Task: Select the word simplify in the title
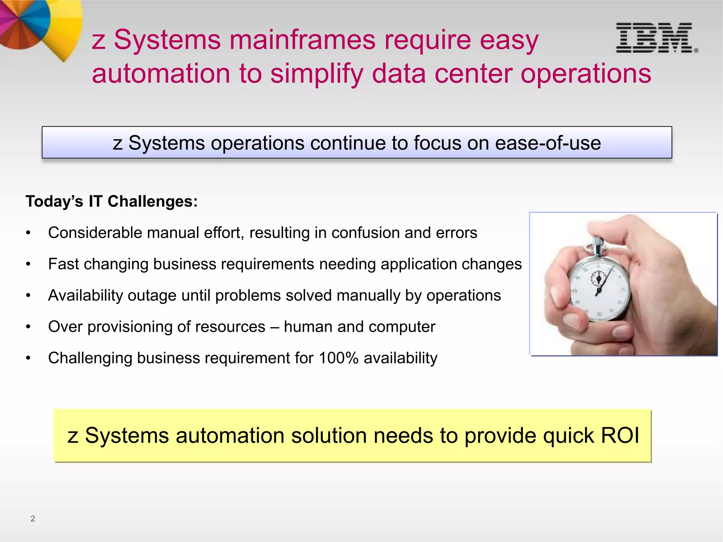(317, 74)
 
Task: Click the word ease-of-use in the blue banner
(548, 143)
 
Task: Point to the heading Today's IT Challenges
(112, 201)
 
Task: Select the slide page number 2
(33, 518)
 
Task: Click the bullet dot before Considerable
(28, 233)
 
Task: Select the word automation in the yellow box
(230, 435)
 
